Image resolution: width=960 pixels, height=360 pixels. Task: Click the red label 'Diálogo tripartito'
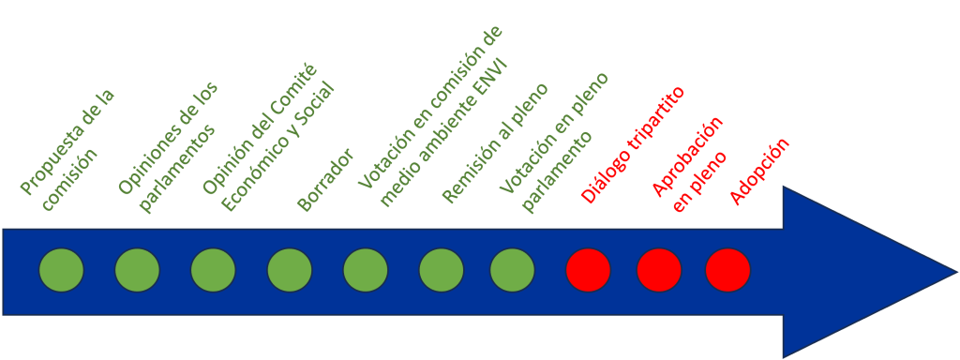tap(633, 145)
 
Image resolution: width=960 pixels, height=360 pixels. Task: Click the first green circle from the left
tap(62, 270)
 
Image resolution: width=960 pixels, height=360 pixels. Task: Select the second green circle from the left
tap(138, 270)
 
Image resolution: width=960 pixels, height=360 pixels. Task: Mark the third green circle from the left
tap(214, 270)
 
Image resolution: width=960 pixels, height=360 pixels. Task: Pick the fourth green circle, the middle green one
tap(290, 270)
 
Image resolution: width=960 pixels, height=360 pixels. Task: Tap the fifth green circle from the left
tap(366, 270)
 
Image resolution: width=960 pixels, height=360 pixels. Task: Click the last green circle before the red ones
tap(513, 270)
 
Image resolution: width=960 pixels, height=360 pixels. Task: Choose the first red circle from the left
tap(589, 270)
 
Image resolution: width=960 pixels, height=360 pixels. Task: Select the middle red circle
tap(659, 270)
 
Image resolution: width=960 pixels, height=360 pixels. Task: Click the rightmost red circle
tap(728, 270)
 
